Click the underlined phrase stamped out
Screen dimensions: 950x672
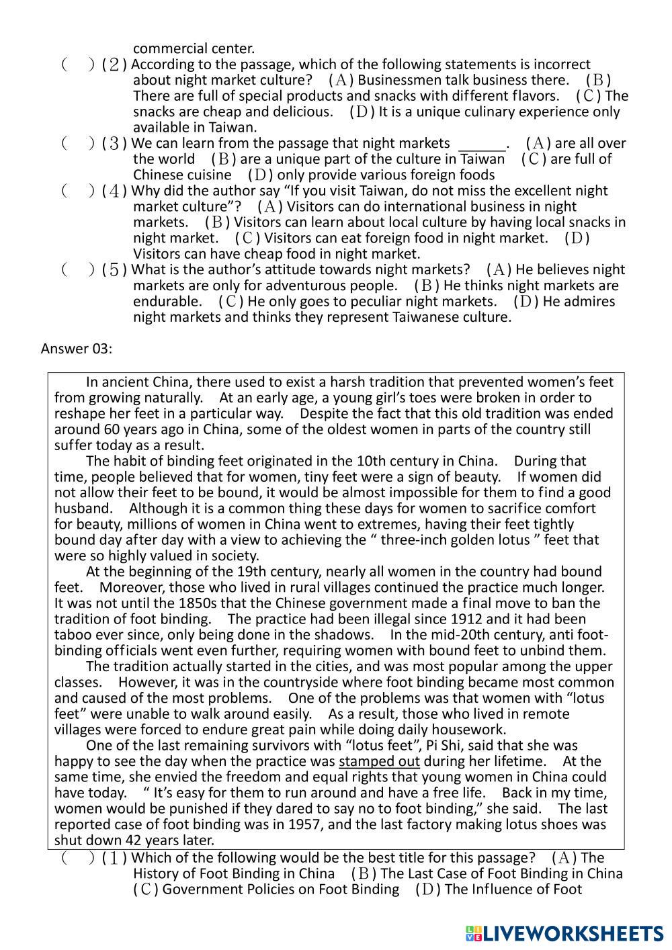coord(379,761)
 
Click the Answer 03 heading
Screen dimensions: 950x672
coord(76,348)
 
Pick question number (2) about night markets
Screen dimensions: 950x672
coord(114,65)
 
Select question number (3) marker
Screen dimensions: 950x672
coord(114,144)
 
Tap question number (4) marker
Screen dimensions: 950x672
coord(114,191)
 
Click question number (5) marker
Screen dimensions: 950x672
coord(114,270)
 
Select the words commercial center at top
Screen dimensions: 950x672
coord(194,48)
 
